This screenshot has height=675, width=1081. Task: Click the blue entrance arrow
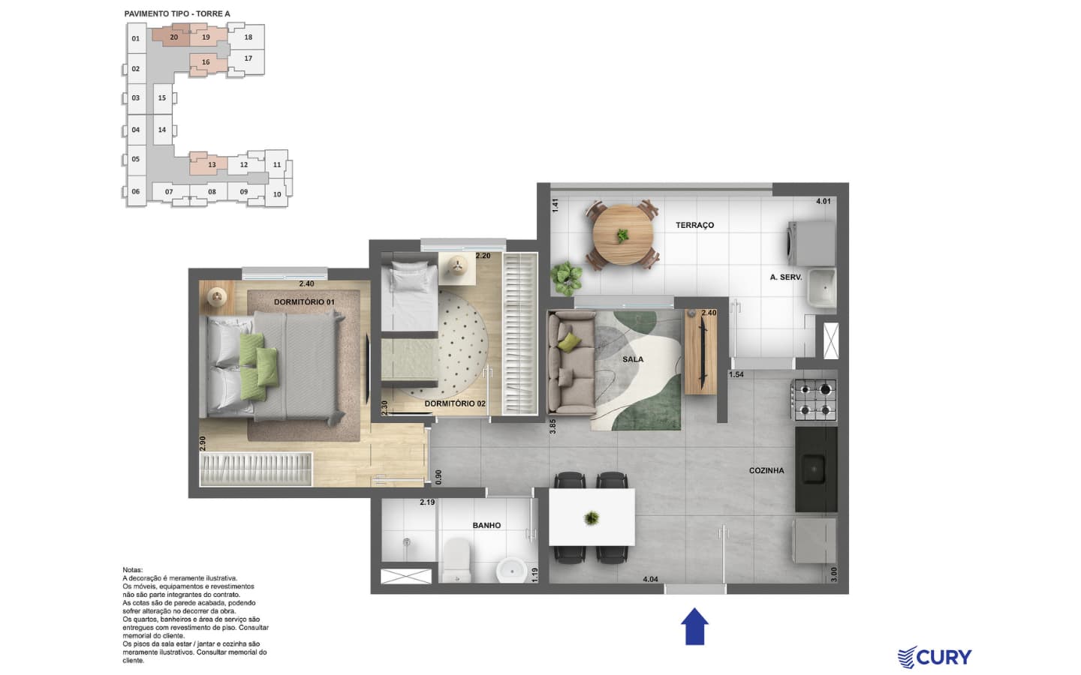point(694,626)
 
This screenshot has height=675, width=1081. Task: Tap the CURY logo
point(935,658)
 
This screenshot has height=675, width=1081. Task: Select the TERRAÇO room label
point(694,225)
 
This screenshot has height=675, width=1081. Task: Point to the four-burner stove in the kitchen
point(814,400)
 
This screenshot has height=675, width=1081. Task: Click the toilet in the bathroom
point(456,559)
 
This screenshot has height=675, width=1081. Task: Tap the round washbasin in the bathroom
point(511,570)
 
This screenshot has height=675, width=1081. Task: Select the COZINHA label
point(766,470)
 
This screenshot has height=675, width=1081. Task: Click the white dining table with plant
point(592,517)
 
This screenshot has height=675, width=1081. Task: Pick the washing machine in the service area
point(812,243)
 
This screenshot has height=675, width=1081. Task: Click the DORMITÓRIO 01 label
point(304,302)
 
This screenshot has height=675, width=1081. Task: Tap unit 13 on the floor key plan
point(212,164)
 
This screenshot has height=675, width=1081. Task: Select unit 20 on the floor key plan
point(173,37)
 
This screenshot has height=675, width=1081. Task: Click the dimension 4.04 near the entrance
point(650,580)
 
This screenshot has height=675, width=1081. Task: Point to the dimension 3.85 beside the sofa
point(553,426)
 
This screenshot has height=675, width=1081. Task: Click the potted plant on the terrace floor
point(567,278)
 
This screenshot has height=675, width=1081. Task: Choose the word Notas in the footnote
point(133,570)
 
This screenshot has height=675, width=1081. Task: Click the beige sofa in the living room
point(571,363)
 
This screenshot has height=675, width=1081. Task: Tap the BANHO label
point(486,526)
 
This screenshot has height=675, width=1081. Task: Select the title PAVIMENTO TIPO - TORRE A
point(177,14)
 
